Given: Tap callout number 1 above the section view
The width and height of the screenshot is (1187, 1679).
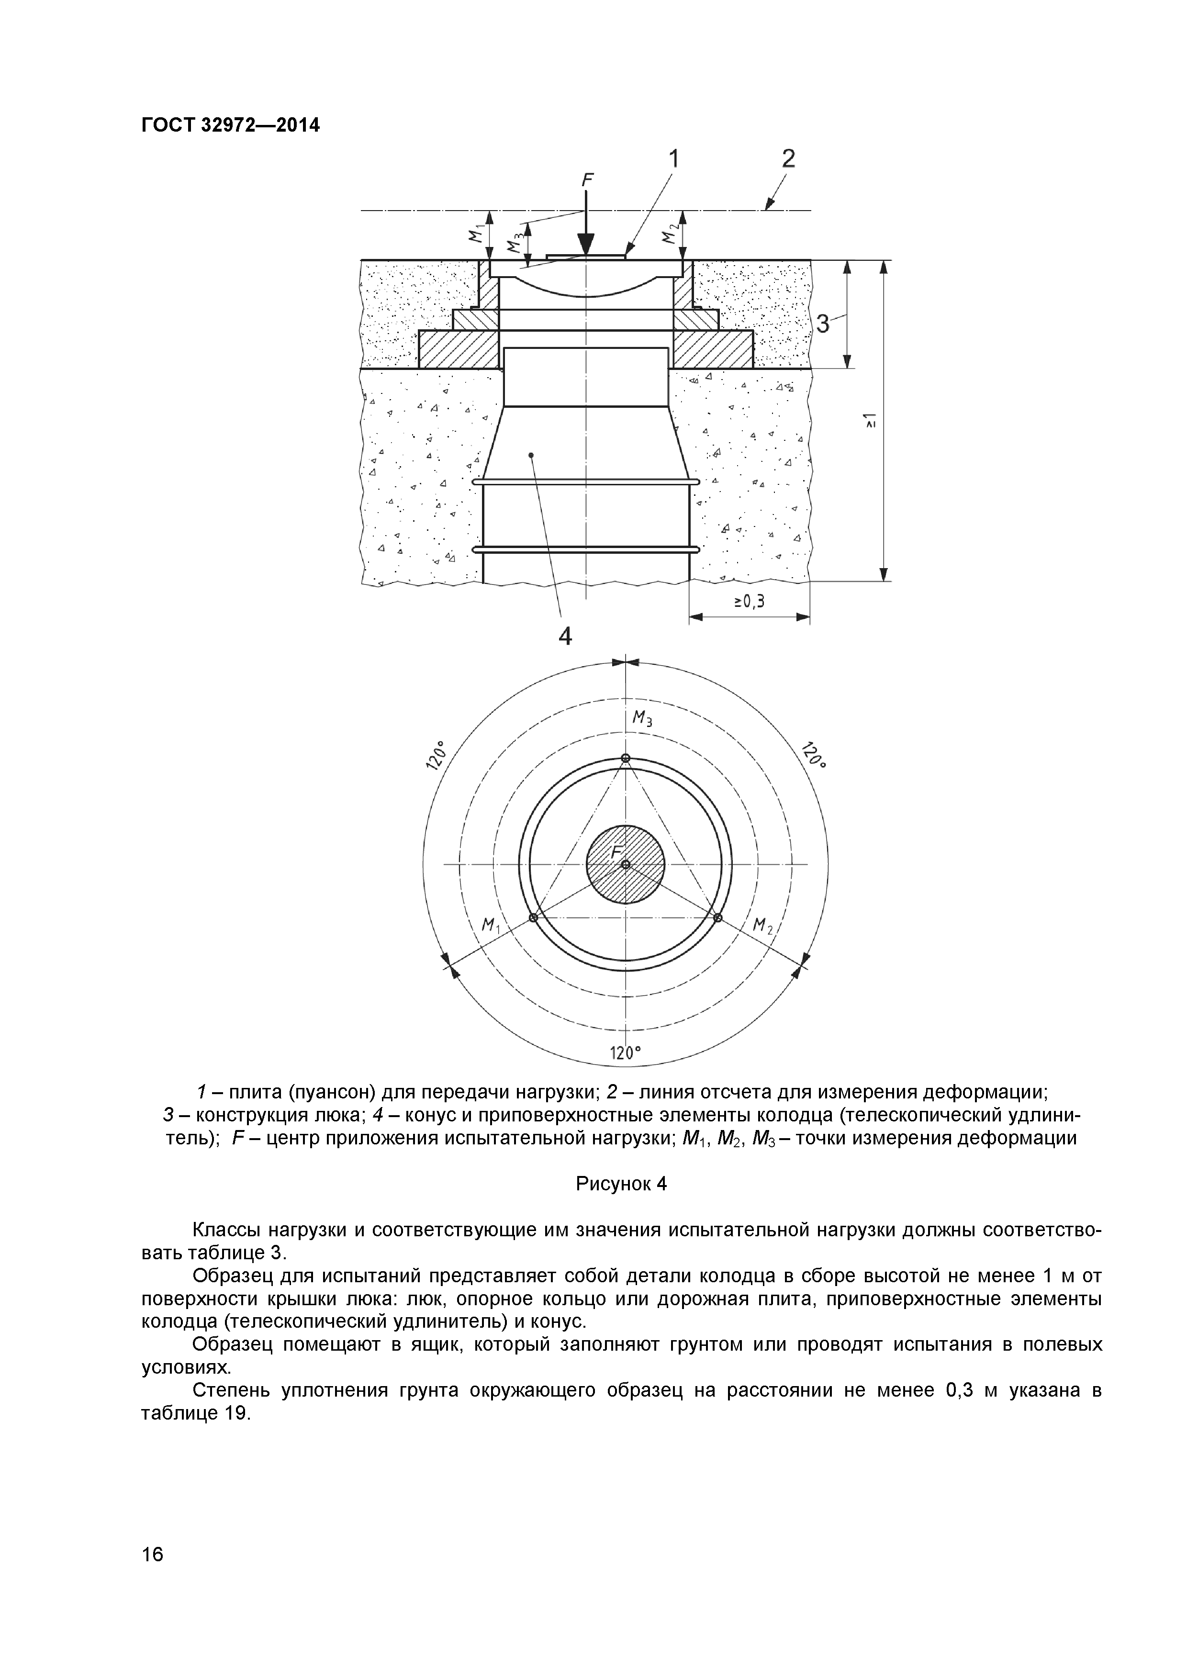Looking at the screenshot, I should coord(673,159).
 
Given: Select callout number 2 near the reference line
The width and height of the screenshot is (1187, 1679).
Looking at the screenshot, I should coord(788,159).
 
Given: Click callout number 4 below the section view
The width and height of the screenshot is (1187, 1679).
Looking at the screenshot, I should coord(565,636).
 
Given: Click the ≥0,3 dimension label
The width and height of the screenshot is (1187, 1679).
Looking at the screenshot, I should coord(749,602).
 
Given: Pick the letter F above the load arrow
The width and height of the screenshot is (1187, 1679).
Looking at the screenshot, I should coord(586,180).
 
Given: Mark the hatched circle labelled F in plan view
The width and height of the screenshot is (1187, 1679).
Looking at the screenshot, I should coord(626,864).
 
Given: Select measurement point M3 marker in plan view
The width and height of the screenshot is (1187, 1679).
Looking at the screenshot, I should coord(625,758).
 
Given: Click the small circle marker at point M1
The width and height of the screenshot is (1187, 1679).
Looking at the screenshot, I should coord(533,918).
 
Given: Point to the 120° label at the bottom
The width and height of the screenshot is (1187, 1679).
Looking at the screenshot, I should coord(625,1053).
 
